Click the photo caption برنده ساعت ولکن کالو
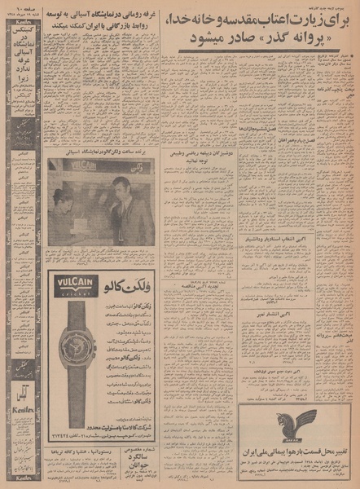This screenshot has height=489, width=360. [x=100, y=152]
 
